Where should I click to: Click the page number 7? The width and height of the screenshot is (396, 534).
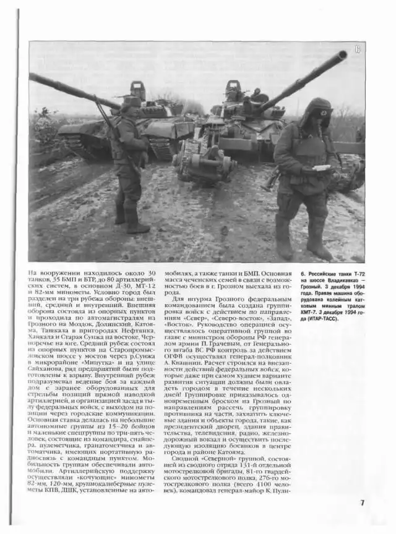[x=362, y=502]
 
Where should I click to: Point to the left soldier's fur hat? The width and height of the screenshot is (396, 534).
[x=132, y=102]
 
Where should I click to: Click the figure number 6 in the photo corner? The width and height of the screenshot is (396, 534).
[x=358, y=49]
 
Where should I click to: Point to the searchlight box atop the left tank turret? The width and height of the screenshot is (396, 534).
[x=137, y=90]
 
